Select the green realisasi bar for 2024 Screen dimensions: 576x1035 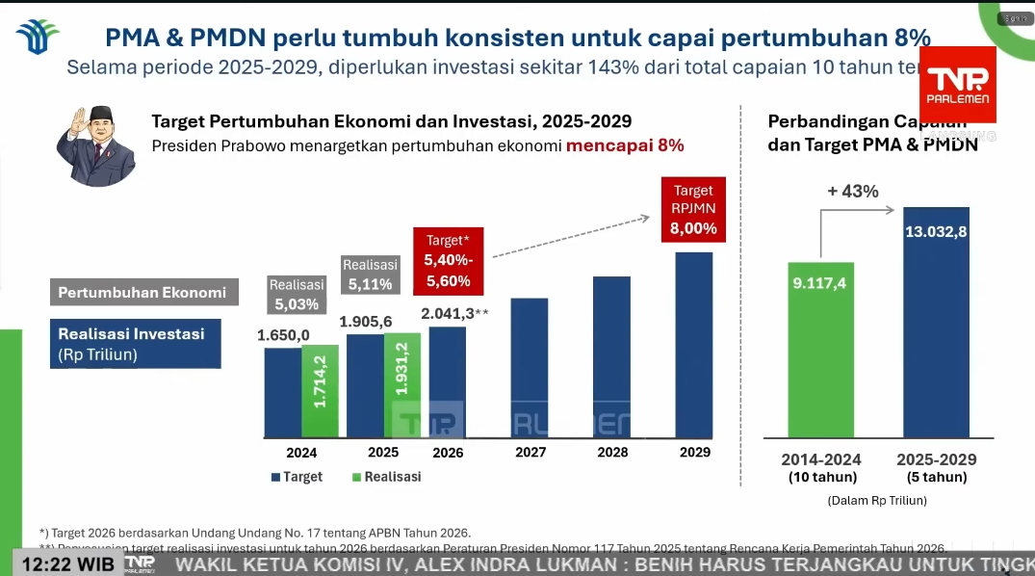coord(320,390)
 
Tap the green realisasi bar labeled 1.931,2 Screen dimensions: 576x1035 coord(402,385)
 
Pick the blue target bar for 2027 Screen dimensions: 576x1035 coord(530,368)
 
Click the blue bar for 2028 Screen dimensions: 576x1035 coord(611,357)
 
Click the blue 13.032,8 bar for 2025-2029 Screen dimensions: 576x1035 coord(936,323)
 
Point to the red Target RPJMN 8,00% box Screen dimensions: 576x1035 coord(693,210)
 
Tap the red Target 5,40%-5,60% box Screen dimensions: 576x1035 coord(449,260)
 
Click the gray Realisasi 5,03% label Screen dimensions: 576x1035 coord(297,295)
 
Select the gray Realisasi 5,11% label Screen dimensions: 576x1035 coord(371,275)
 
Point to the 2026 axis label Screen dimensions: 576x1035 coord(448,452)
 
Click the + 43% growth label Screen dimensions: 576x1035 coord(853,192)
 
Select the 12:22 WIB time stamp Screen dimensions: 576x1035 coord(67,563)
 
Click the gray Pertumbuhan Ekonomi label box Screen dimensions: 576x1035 coord(143,293)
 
